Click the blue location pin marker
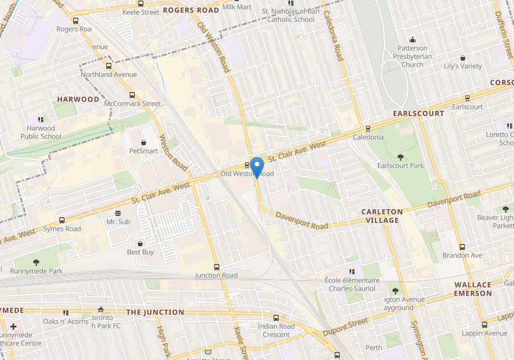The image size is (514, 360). tap(257, 166)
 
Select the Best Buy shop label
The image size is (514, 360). tap(140, 252)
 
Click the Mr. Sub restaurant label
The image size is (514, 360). tap(118, 221)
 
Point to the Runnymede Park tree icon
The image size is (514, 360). tap(37, 262)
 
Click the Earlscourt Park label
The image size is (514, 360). tap(400, 166)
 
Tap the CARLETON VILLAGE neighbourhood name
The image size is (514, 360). tap(382, 216)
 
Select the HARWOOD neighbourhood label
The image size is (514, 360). tap(78, 99)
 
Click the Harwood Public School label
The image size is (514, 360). tap(41, 133)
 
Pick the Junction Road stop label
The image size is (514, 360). tap(216, 275)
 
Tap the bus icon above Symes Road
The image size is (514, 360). tap(62, 220)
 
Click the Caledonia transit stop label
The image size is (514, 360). tap(368, 138)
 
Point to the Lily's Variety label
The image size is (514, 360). tap(463, 66)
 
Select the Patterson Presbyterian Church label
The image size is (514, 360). tap(412, 57)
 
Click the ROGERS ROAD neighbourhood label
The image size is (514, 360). tap(191, 10)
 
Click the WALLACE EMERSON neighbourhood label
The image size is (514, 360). tap(473, 289)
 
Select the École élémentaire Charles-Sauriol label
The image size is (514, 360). tap(352, 285)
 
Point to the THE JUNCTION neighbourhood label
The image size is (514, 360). tap(155, 313)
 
